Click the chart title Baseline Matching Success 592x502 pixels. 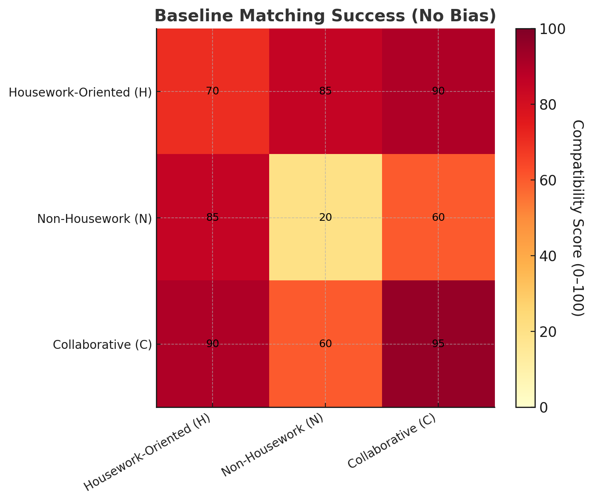point(325,16)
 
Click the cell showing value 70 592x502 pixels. point(213,91)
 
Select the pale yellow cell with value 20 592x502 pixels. point(325,217)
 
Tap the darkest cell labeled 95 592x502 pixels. point(438,344)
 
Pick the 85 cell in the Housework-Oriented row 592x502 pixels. point(325,91)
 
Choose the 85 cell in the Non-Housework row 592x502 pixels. point(213,217)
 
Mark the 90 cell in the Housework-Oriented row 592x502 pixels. point(438,91)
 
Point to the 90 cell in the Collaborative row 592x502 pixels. point(213,344)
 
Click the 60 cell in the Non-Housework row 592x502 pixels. point(438,217)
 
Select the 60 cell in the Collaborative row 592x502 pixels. point(325,344)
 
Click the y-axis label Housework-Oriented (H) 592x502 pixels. point(80,92)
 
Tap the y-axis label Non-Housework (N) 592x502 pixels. point(94,219)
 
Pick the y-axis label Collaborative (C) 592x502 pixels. point(102,345)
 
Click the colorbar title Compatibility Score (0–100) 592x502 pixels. point(578,218)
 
